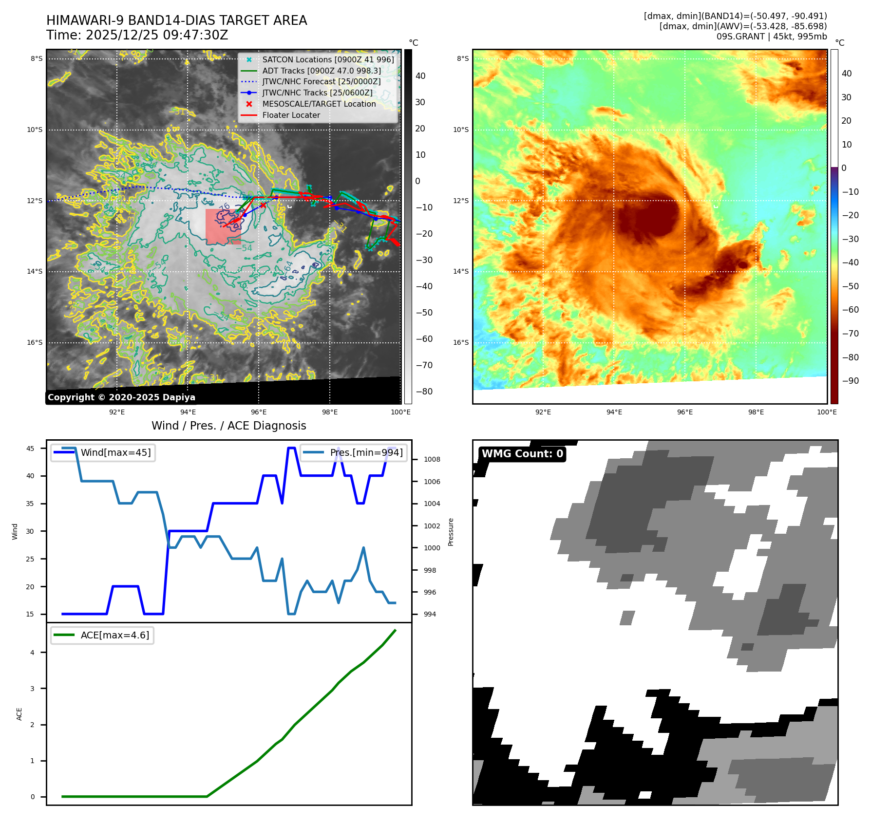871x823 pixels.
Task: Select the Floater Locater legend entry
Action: tap(291, 115)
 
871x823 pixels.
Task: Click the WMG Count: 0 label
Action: tap(522, 454)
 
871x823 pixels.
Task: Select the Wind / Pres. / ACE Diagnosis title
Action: tap(229, 426)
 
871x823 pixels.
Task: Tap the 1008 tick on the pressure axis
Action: tap(432, 459)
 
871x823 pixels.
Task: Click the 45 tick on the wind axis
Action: tap(30, 449)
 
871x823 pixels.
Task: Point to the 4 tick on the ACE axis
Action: tap(33, 653)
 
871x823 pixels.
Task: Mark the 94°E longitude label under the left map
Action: tap(188, 412)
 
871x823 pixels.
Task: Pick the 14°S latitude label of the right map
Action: tap(461, 272)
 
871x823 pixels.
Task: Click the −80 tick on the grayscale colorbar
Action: tap(424, 392)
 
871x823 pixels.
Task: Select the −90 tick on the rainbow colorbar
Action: tap(850, 381)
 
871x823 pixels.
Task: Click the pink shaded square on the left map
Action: tap(223, 226)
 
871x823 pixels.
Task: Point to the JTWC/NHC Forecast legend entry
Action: tap(321, 82)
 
